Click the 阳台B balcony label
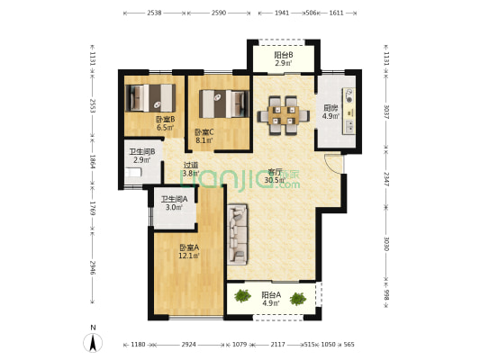pos(282,59)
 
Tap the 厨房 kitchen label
pos(331,112)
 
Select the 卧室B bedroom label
pos(165,123)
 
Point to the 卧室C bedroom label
pos(204,136)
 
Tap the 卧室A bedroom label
pos(188,251)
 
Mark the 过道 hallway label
pos(191,168)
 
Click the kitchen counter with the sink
pos(349,108)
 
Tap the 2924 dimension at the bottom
pos(190,345)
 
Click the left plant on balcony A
pos(242,295)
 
